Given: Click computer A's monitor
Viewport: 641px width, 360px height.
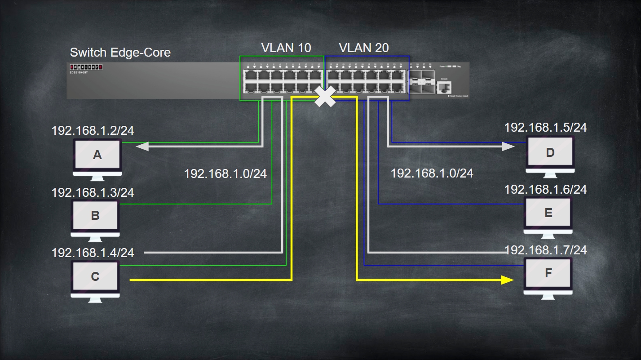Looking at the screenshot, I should click(97, 155).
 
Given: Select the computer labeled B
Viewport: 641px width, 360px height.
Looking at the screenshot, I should click(95, 215).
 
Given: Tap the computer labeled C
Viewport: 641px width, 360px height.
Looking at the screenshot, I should click(95, 276).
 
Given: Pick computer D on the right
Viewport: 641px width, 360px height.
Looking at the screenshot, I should click(550, 153).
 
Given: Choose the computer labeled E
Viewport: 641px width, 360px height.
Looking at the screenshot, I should click(548, 213).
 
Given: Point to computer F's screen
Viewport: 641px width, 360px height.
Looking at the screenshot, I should click(548, 273).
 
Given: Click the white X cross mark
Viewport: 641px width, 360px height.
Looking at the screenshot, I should click(325, 97).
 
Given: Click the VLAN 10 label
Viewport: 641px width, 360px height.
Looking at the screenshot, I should click(286, 48).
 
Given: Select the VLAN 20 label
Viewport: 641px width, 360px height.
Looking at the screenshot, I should click(364, 48).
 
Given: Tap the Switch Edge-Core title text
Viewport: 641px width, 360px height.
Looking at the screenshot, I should click(120, 53).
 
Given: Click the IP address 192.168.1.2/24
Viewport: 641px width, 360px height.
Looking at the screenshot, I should click(93, 131).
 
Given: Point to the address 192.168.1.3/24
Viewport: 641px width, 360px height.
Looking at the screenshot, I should click(93, 192).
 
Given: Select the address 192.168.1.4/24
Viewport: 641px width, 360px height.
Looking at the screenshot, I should click(93, 253).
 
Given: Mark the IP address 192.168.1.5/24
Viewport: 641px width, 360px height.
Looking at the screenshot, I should click(545, 127).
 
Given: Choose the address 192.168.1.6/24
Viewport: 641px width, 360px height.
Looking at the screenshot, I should click(545, 189).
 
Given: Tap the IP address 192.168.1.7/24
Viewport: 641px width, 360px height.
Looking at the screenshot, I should click(545, 250).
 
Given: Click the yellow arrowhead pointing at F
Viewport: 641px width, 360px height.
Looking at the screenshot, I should click(508, 280).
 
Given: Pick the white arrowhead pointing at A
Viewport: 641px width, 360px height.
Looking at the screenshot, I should click(142, 146).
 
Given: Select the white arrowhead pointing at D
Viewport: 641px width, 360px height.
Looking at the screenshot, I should click(508, 146).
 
